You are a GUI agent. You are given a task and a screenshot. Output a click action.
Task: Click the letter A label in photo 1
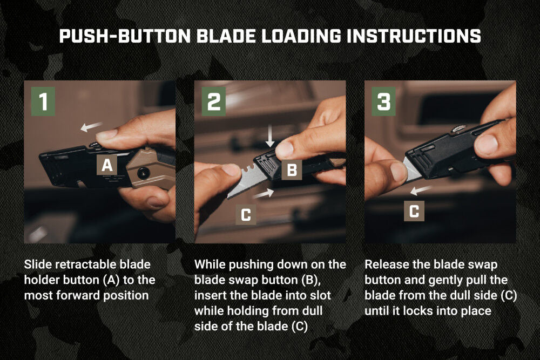(x=107, y=166)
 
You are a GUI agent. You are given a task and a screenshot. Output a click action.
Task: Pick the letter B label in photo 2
(x=292, y=171)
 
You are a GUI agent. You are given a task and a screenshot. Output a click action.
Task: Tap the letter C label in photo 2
(x=246, y=215)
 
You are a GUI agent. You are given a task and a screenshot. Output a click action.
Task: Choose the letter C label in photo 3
(x=414, y=211)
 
